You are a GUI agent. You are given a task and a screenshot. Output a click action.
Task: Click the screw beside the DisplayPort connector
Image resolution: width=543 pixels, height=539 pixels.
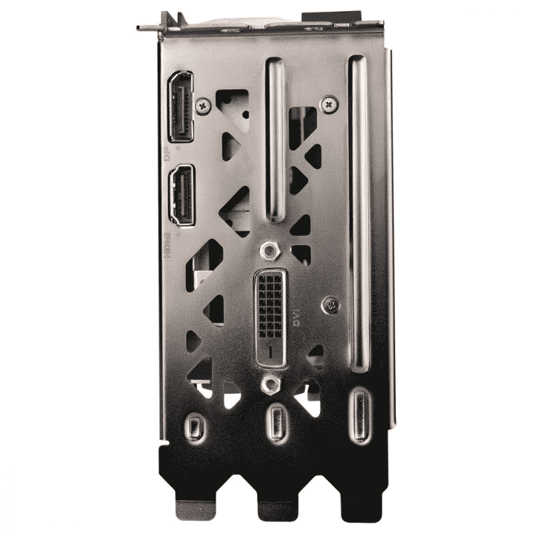(202, 106)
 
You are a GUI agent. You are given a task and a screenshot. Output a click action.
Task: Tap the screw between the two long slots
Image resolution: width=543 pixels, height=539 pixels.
(328, 105)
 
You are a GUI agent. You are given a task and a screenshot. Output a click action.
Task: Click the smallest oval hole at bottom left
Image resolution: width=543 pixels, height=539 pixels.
(195, 427)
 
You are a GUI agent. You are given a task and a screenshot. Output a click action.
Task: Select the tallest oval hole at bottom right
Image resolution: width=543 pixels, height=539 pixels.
(361, 417)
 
